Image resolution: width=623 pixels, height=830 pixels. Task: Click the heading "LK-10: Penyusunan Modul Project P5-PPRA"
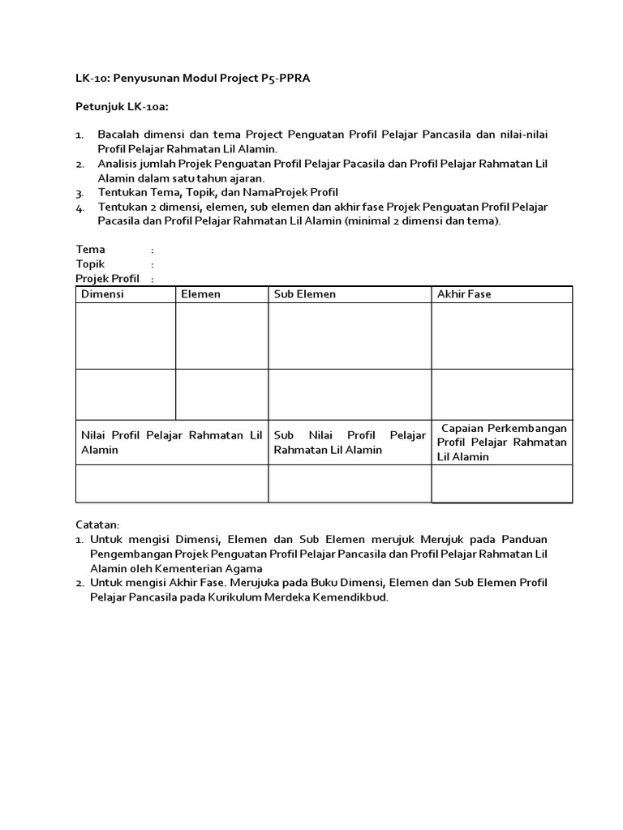pos(193,79)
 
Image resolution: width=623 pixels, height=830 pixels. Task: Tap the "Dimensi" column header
pos(102,294)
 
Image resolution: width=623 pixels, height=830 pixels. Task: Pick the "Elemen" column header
pos(200,294)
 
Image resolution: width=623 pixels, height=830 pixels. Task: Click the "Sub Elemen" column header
pos(304,294)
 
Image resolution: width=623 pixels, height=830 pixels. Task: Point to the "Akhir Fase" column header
pos(464,294)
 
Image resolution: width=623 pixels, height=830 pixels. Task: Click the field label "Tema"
pos(90,250)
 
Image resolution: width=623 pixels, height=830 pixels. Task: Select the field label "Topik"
pos(90,264)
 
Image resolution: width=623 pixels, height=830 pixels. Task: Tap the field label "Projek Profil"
pos(107,279)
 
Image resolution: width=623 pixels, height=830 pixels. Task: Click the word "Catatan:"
pos(97,525)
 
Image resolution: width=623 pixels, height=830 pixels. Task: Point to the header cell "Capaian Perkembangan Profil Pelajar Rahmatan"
pos(501,442)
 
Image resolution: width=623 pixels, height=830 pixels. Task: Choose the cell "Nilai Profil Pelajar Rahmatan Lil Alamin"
pos(172,443)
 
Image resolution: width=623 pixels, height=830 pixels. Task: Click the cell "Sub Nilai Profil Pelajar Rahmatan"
pos(350,443)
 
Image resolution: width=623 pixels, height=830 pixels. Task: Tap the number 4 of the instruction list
pos(79,208)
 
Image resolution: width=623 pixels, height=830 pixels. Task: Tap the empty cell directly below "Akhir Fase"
pos(501,336)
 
